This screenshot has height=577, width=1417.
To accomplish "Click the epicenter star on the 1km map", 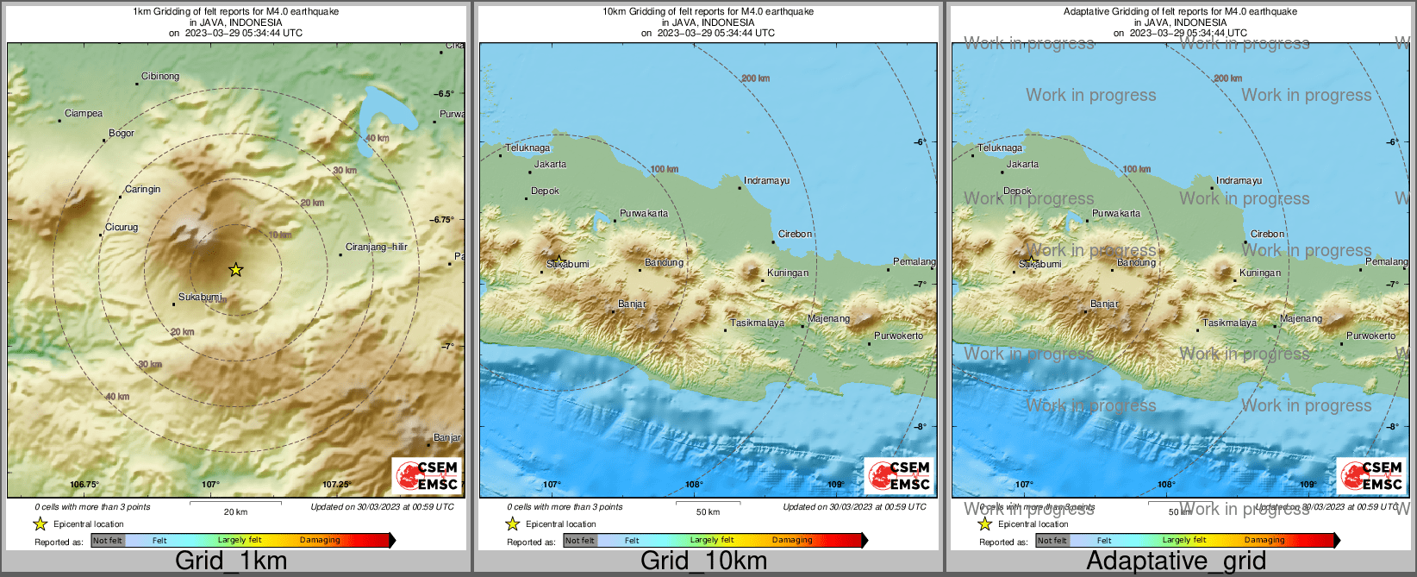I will [235, 270].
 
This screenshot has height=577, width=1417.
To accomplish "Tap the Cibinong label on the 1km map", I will [160, 76].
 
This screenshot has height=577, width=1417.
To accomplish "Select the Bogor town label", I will [122, 134].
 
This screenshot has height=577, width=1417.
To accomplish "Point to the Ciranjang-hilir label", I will [376, 247].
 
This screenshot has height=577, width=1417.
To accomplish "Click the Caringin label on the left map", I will [142, 189].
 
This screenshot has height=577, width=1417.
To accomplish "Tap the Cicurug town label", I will [122, 227].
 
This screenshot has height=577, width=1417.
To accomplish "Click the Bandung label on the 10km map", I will [664, 262].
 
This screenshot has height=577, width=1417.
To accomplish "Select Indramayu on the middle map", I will [767, 181].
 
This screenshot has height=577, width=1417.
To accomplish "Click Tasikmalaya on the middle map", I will [758, 323].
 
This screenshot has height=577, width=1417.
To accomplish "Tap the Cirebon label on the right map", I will [1267, 234].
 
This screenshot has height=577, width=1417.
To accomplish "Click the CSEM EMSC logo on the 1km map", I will [427, 476].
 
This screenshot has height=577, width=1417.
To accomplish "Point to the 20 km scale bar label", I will [235, 511].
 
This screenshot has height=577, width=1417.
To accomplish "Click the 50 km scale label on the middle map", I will [708, 511].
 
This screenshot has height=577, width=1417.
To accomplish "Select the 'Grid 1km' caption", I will [231, 561].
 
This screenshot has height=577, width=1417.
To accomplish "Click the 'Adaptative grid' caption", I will [1176, 561].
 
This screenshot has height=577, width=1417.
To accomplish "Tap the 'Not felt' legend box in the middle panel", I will [580, 541].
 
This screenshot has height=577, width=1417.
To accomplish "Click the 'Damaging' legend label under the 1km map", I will [320, 540].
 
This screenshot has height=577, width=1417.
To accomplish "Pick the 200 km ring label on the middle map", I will [755, 78].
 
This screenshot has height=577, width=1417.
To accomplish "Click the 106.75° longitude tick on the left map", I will [84, 485].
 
